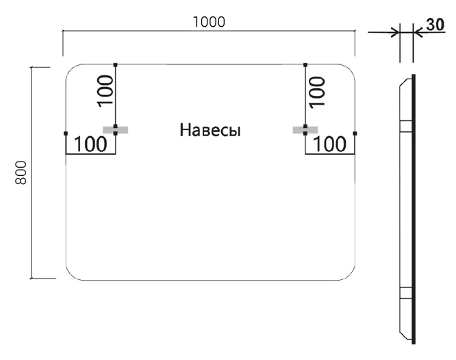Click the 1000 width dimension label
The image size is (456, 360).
(209, 21)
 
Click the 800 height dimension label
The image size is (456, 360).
(21, 172)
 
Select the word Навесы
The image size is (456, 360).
(210, 130)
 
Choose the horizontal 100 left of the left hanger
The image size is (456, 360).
(90, 144)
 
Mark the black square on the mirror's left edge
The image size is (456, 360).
(65, 133)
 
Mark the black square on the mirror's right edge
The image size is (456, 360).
(355, 133)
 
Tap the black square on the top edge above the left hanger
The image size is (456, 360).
(115, 64)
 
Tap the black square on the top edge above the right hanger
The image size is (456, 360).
(305, 64)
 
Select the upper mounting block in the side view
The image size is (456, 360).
(405, 125)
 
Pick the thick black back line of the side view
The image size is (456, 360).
(414, 205)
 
